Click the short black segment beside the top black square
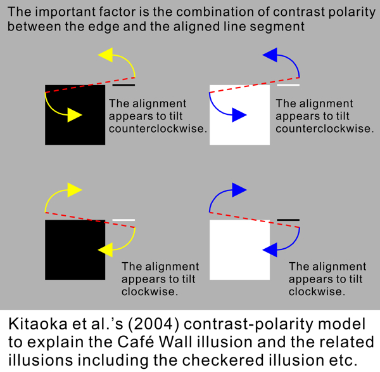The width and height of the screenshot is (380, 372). tap(123, 84)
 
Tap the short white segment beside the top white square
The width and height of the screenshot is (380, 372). tap(288, 84)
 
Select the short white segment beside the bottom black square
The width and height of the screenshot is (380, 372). tap(123, 220)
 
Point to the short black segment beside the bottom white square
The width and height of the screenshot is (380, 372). tap(288, 220)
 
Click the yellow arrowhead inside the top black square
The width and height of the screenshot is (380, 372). tap(75, 115)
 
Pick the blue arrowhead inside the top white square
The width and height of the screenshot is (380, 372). tap(239, 115)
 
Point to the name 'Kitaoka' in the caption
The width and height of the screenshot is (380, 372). tap(37, 324)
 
